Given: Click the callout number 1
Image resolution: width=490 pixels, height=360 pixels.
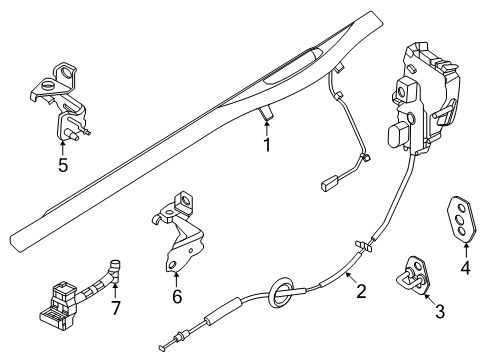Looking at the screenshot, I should tap(266, 145).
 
